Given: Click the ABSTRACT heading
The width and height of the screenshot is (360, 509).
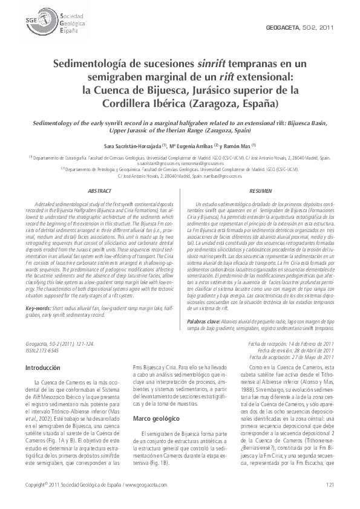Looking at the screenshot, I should [99, 191].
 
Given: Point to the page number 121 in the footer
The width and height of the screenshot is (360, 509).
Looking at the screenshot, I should [330, 485].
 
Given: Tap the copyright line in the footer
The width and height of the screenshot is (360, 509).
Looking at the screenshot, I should [96, 485].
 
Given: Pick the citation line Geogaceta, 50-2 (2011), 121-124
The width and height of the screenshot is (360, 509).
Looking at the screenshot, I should [60, 343].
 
